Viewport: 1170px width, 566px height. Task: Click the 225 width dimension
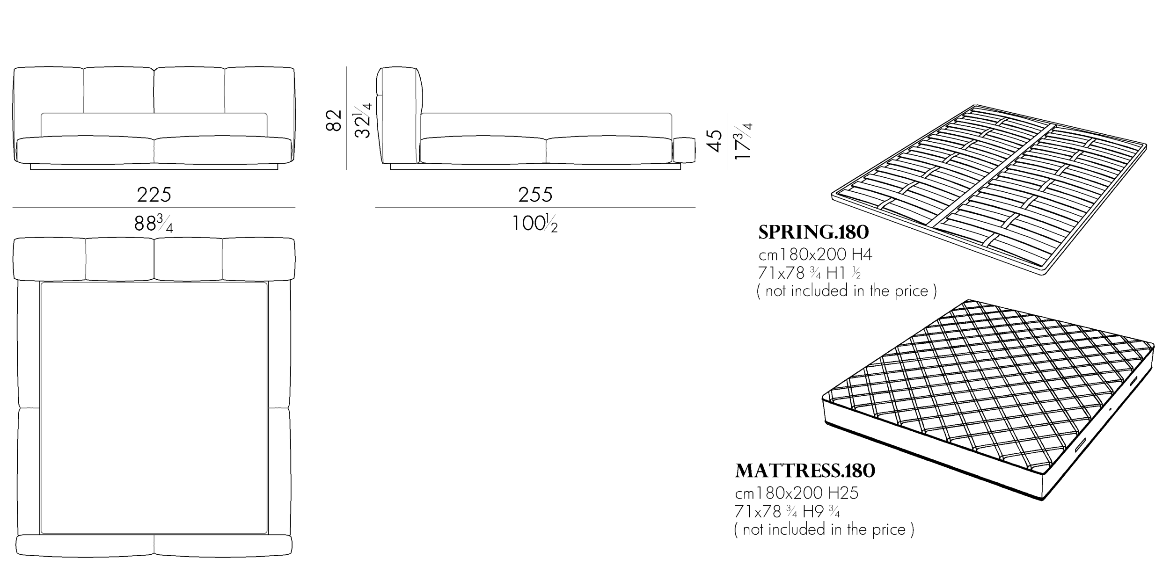coord(154,195)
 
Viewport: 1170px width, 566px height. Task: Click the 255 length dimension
coord(535,195)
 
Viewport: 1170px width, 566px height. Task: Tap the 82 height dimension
coord(334,120)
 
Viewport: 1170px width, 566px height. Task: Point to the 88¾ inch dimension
coord(154,224)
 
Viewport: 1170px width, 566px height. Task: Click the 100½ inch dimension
coord(535,224)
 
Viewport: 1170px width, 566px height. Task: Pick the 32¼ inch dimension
coord(363,120)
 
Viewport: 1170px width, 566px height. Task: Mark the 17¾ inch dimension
coord(743,141)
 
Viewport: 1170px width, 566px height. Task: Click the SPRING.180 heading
coord(813,232)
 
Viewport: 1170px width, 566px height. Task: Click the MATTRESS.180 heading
coord(805,471)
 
